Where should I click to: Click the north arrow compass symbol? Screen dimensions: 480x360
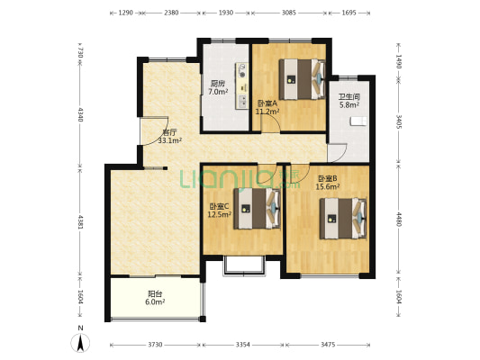(80, 343)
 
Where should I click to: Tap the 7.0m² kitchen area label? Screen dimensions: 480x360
(218, 92)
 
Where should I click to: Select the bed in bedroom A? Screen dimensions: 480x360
(302, 79)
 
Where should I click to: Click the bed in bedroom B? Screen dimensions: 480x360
(343, 219)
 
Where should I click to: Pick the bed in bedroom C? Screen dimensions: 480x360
(258, 209)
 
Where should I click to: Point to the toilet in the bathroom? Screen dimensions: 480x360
(358, 121)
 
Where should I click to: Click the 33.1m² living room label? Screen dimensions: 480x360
(170, 140)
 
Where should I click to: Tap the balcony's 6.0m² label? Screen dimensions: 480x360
(155, 301)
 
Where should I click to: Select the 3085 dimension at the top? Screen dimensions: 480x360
(289, 13)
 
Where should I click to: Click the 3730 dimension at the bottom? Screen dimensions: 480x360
(155, 345)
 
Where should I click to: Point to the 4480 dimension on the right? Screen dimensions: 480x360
(399, 220)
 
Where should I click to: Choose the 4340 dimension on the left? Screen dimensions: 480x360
(80, 114)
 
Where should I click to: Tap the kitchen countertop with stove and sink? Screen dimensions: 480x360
(241, 85)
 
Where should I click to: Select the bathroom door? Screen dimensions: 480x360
(337, 153)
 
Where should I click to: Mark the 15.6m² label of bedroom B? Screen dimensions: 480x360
(328, 186)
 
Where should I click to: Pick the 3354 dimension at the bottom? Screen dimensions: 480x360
(243, 345)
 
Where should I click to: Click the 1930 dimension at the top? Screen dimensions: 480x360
(226, 13)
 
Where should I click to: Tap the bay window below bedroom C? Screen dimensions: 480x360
(244, 266)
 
